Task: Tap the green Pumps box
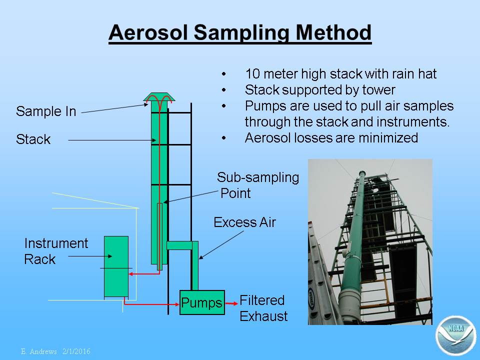pos(202,302)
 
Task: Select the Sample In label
pos(46,111)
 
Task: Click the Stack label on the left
pos(33,139)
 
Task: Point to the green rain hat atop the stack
pos(159,97)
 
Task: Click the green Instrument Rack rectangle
pos(116,266)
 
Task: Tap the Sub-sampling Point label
pos(258,185)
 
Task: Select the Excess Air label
pos(244,222)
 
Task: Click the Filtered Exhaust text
pos(263,308)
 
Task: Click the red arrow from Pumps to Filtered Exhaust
pos(231,303)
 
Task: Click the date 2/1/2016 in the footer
pos(76,351)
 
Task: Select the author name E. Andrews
pos(39,351)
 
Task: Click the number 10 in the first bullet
pos(252,74)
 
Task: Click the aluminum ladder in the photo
pos(322,275)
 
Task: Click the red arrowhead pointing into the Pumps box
pos(176,304)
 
